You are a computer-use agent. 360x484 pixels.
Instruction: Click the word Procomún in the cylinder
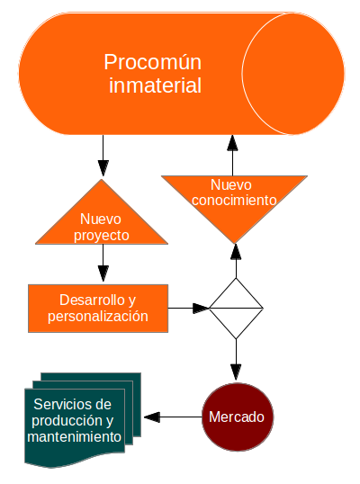pos(152,63)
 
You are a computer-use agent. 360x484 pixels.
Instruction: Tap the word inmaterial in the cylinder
pos(156,85)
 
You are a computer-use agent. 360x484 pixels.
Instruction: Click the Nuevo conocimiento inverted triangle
pos(234,203)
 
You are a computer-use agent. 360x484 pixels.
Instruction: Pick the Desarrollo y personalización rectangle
pos(98,309)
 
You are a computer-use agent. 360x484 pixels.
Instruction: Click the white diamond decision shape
pos(236,309)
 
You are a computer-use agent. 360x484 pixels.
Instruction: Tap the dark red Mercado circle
pos(238,417)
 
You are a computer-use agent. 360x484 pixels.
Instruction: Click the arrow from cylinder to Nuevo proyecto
pos(103,156)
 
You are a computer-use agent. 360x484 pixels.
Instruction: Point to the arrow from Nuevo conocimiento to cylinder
pos(232,156)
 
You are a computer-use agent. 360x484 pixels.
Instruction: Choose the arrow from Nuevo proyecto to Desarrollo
pos(103,263)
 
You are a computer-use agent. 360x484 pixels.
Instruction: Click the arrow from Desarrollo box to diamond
pos(189,308)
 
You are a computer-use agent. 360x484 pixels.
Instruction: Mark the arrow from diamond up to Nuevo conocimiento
pos(236,261)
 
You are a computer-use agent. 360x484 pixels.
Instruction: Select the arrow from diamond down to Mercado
pos(236,360)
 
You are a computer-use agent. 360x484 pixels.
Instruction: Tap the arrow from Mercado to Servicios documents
pos(173,417)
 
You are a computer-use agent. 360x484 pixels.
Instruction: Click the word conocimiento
pos(234,200)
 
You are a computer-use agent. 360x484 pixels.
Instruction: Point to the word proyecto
pos(102,236)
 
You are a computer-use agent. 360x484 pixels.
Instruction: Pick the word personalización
pos(98,317)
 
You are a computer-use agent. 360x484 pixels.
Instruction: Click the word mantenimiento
pos(74,437)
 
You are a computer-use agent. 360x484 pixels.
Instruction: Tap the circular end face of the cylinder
pos(293,74)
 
